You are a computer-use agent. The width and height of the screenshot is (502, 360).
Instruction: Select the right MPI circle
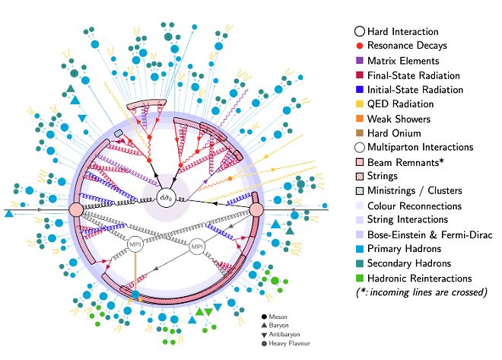pos(196,247)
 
